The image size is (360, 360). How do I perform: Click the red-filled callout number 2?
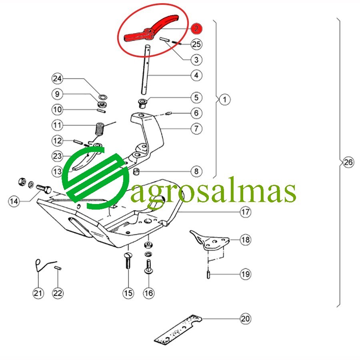(x=196, y=28)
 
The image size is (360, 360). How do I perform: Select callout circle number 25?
(x=196, y=44)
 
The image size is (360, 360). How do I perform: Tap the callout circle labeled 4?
(x=196, y=75)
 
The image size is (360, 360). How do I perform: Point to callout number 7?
(x=196, y=128)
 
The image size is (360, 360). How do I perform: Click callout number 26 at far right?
(x=348, y=162)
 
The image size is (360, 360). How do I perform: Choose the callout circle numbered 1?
(x=224, y=100)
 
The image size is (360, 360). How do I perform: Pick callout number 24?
(x=57, y=78)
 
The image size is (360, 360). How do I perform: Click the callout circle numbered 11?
(x=57, y=125)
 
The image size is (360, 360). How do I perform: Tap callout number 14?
(x=14, y=201)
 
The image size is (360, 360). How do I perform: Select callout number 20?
(x=246, y=319)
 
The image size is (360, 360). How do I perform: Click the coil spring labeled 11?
(x=100, y=130)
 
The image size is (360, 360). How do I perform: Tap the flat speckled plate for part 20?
(x=178, y=330)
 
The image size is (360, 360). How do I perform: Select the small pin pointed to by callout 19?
(x=208, y=275)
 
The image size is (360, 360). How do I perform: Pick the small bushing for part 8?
(x=137, y=171)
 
